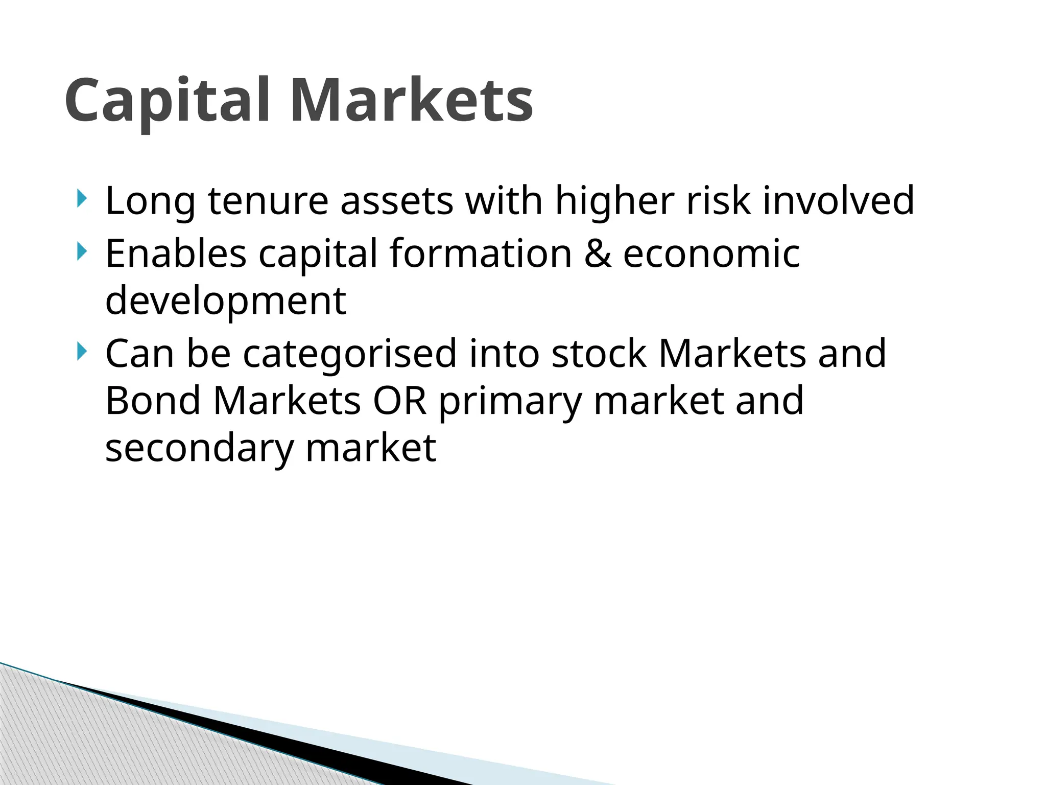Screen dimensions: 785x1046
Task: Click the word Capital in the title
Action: [167, 101]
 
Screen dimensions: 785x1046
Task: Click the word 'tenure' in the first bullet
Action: [268, 200]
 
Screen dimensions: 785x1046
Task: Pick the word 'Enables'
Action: [176, 253]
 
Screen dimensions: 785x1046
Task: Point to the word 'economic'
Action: [711, 253]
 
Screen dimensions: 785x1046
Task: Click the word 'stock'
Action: [599, 354]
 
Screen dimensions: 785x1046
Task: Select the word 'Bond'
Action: [153, 401]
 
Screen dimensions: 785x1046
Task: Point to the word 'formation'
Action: [481, 253]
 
